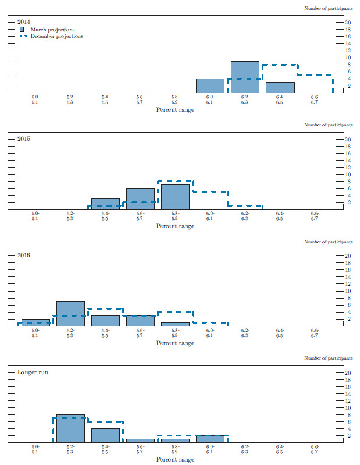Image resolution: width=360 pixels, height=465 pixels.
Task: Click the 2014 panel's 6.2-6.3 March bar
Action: click(x=245, y=77)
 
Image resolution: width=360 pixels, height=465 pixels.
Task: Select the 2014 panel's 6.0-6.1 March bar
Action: click(x=210, y=86)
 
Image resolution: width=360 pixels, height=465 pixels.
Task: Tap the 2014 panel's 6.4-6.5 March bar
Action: click(x=280, y=87)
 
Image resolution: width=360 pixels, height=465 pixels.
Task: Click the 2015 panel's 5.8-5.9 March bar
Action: click(x=175, y=197)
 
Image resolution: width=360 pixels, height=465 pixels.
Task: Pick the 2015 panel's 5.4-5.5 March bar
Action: click(x=105, y=204)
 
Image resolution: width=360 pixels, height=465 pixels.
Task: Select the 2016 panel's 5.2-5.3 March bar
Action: click(x=70, y=314)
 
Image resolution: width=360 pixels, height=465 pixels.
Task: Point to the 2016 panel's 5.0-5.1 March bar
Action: click(x=35, y=322)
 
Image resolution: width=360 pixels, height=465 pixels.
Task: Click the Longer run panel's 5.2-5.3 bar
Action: click(x=70, y=428)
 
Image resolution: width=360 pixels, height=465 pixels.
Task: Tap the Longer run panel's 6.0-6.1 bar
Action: click(x=210, y=438)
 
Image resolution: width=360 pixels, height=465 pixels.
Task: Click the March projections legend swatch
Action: click(x=22, y=29)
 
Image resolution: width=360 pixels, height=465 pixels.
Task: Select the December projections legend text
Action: click(x=56, y=36)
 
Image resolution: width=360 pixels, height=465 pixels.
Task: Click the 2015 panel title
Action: click(x=24, y=139)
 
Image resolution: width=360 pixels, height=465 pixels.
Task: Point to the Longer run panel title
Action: click(x=32, y=371)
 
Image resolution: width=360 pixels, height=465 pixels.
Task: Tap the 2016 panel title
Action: click(x=24, y=255)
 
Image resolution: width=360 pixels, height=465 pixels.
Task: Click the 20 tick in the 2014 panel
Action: click(x=348, y=23)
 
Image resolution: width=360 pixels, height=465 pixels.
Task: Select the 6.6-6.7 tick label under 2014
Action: click(x=315, y=99)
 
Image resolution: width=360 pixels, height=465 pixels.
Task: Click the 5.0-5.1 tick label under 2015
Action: click(x=35, y=215)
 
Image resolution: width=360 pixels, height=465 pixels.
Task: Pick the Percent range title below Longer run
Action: click(x=175, y=459)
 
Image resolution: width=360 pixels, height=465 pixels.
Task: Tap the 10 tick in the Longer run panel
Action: click(x=348, y=407)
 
